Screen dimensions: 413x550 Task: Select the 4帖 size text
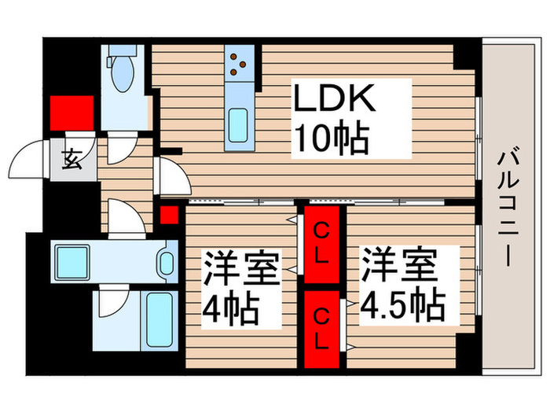pyautogui.click(x=229, y=308)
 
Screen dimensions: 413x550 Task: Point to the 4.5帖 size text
pyautogui.click(x=402, y=302)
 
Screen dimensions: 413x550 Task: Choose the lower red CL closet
pyautogui.click(x=322, y=329)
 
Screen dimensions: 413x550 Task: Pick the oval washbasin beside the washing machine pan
pyautogui.click(x=166, y=260)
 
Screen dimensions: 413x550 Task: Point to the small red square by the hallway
pyautogui.click(x=167, y=214)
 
